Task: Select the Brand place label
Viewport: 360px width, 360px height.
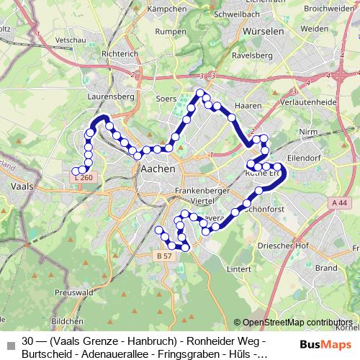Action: click(x=325, y=267)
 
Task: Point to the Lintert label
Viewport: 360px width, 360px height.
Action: click(x=238, y=269)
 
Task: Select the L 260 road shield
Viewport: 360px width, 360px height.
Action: click(x=84, y=176)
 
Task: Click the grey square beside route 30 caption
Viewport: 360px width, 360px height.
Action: click(x=9, y=345)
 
